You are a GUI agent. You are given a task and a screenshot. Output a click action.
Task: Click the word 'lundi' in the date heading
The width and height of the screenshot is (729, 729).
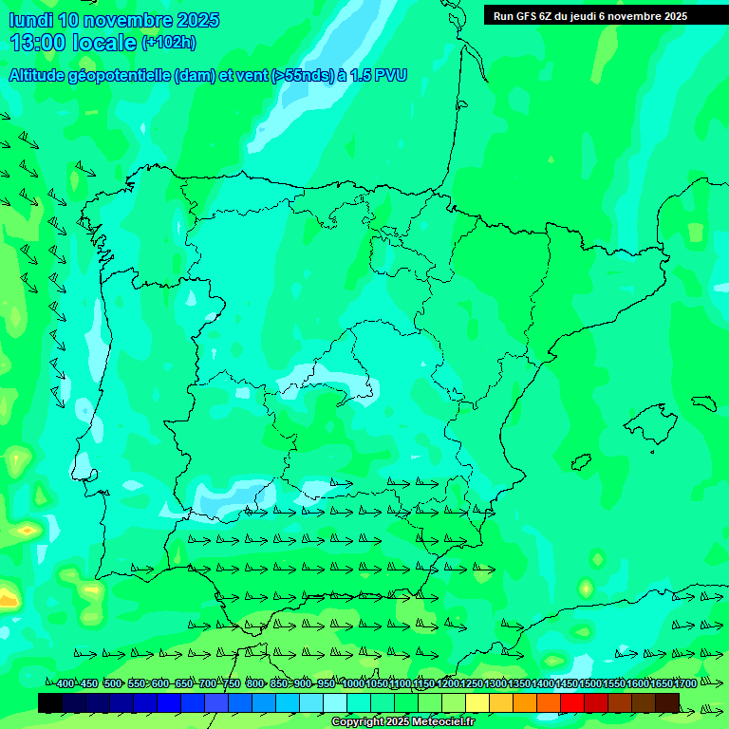tap(30, 20)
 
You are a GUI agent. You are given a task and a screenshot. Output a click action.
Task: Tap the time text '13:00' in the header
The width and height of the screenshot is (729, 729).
tap(37, 43)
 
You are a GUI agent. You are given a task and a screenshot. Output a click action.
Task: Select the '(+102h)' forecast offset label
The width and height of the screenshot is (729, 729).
tap(168, 43)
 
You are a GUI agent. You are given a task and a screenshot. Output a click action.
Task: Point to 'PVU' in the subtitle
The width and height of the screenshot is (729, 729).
tap(389, 75)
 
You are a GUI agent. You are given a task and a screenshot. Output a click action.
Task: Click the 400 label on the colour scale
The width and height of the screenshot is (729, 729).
tap(65, 683)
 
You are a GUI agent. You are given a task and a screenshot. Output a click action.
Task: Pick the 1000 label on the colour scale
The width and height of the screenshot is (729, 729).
tap(353, 683)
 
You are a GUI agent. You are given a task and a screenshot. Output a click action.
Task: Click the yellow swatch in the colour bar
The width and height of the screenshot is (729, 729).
tap(477, 702)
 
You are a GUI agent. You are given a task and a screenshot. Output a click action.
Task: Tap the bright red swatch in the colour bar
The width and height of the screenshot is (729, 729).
tap(572, 702)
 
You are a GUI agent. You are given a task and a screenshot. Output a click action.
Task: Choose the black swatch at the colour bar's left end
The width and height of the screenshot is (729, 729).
tap(50, 702)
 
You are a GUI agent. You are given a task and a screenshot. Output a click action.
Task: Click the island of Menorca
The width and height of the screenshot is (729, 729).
tap(703, 402)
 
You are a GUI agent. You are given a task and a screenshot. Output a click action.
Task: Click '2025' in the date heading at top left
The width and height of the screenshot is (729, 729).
tap(197, 20)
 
